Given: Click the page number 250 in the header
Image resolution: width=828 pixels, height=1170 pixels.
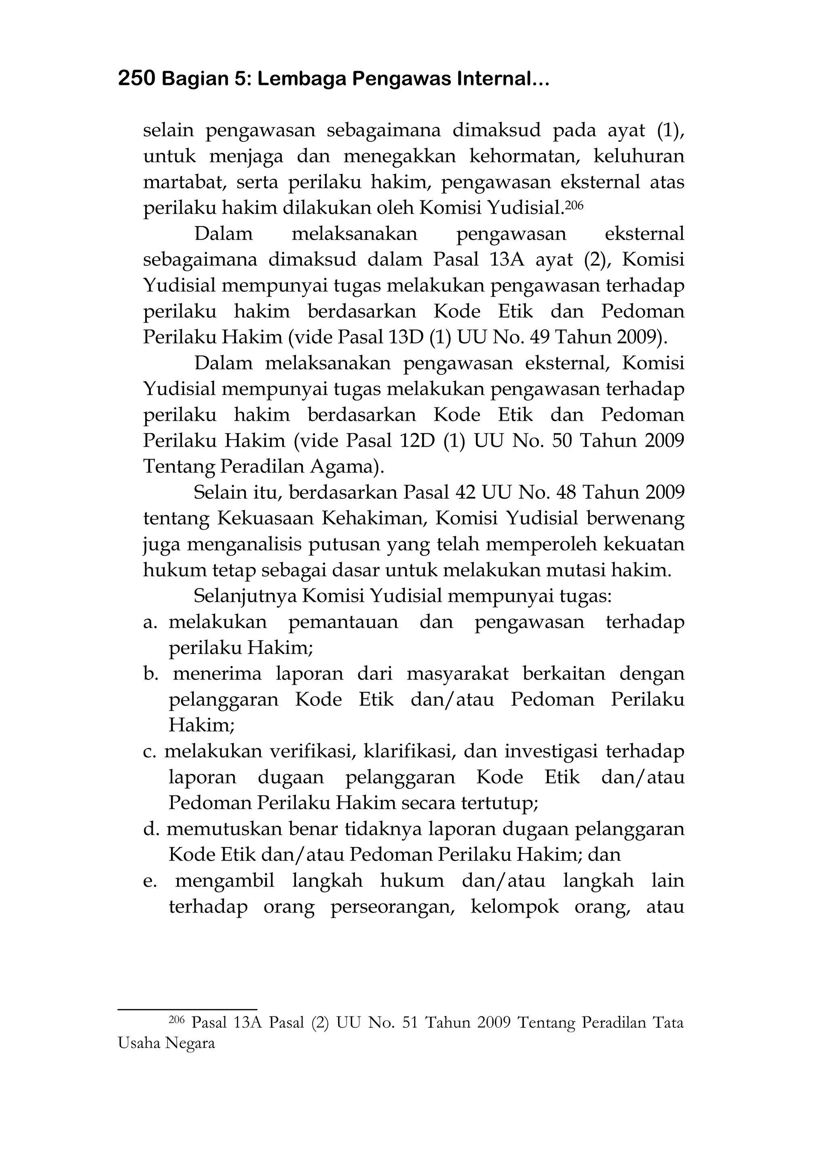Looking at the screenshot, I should click(136, 79).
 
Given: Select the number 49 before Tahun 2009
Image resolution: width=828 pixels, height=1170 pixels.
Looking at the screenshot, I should click(540, 337).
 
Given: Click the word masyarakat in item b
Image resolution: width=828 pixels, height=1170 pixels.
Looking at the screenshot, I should click(457, 674).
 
